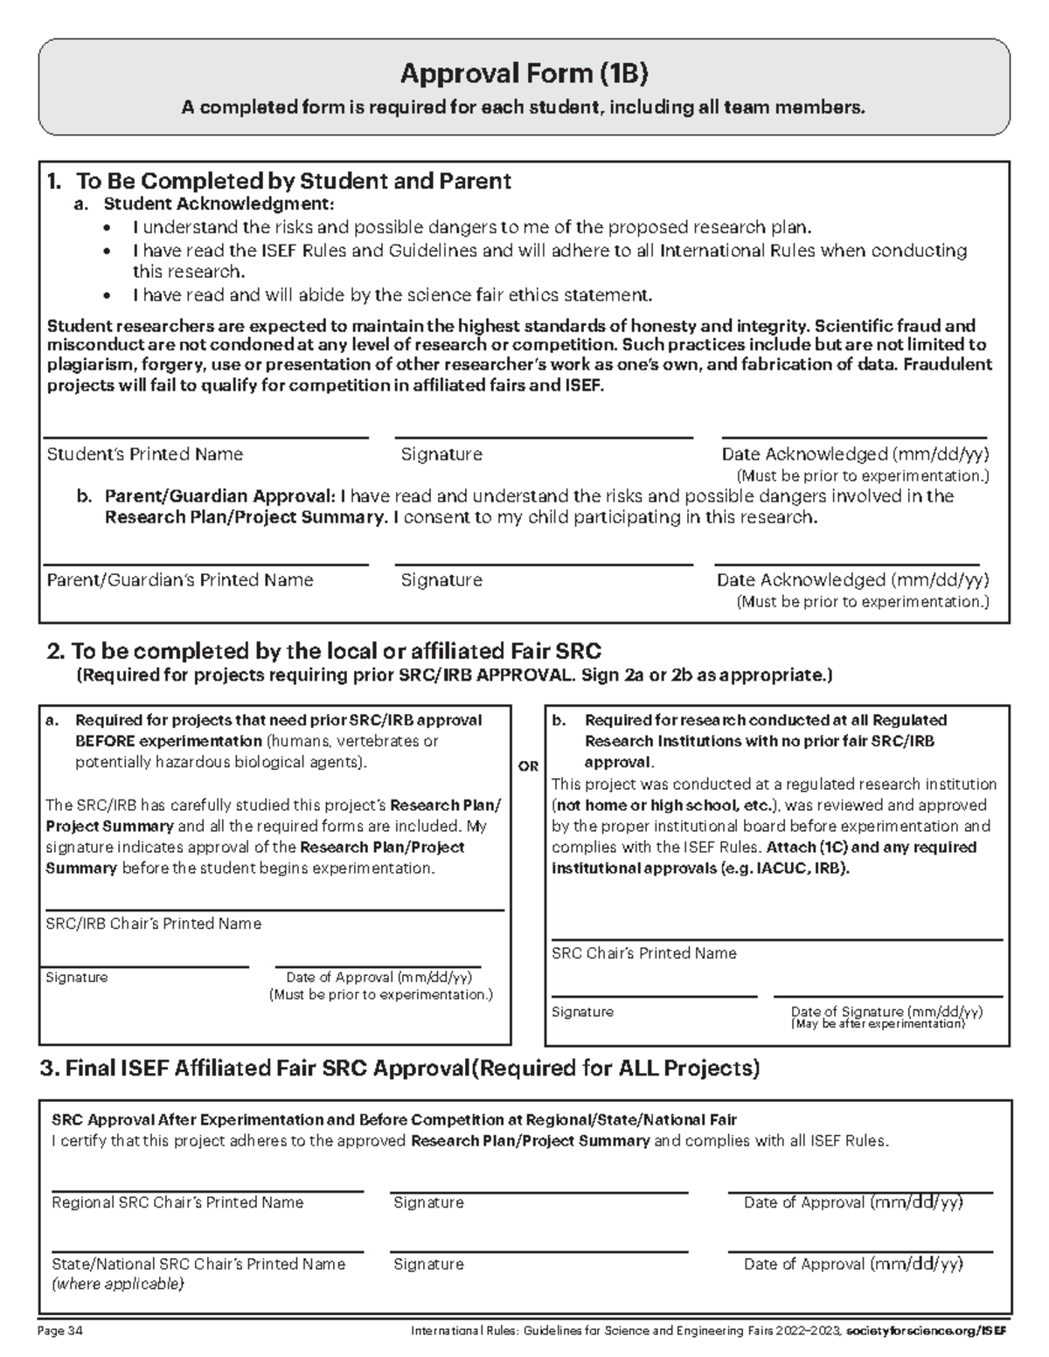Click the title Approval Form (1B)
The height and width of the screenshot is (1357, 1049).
524,74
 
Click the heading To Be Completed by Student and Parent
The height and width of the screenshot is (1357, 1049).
293,181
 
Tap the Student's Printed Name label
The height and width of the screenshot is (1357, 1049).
144,454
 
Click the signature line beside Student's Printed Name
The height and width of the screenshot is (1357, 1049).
543,436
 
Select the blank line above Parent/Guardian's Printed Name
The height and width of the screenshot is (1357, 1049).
205,564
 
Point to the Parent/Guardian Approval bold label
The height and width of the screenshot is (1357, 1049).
219,496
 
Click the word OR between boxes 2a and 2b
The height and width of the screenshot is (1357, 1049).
528,766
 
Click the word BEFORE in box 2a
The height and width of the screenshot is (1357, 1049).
105,741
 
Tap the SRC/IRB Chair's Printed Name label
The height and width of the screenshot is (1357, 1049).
153,924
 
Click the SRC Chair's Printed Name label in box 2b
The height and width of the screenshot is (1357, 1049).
643,953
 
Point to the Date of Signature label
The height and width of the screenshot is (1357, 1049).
886,1011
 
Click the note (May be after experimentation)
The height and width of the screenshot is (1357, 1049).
878,1024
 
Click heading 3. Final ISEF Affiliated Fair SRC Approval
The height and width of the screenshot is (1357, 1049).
399,1068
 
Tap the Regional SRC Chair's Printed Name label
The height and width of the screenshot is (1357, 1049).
177,1202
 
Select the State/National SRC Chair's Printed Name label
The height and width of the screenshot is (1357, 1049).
198,1264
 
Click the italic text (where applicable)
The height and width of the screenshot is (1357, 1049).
118,1284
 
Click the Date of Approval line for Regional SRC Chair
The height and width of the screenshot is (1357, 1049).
859,1191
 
